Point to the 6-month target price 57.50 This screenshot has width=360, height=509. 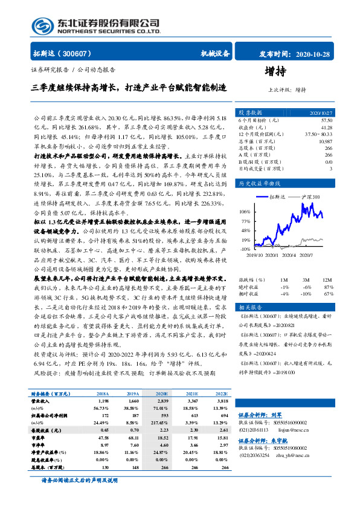(326, 120)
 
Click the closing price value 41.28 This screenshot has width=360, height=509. (326, 127)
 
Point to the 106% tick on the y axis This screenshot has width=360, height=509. (245, 212)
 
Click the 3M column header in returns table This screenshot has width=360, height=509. (306, 280)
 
